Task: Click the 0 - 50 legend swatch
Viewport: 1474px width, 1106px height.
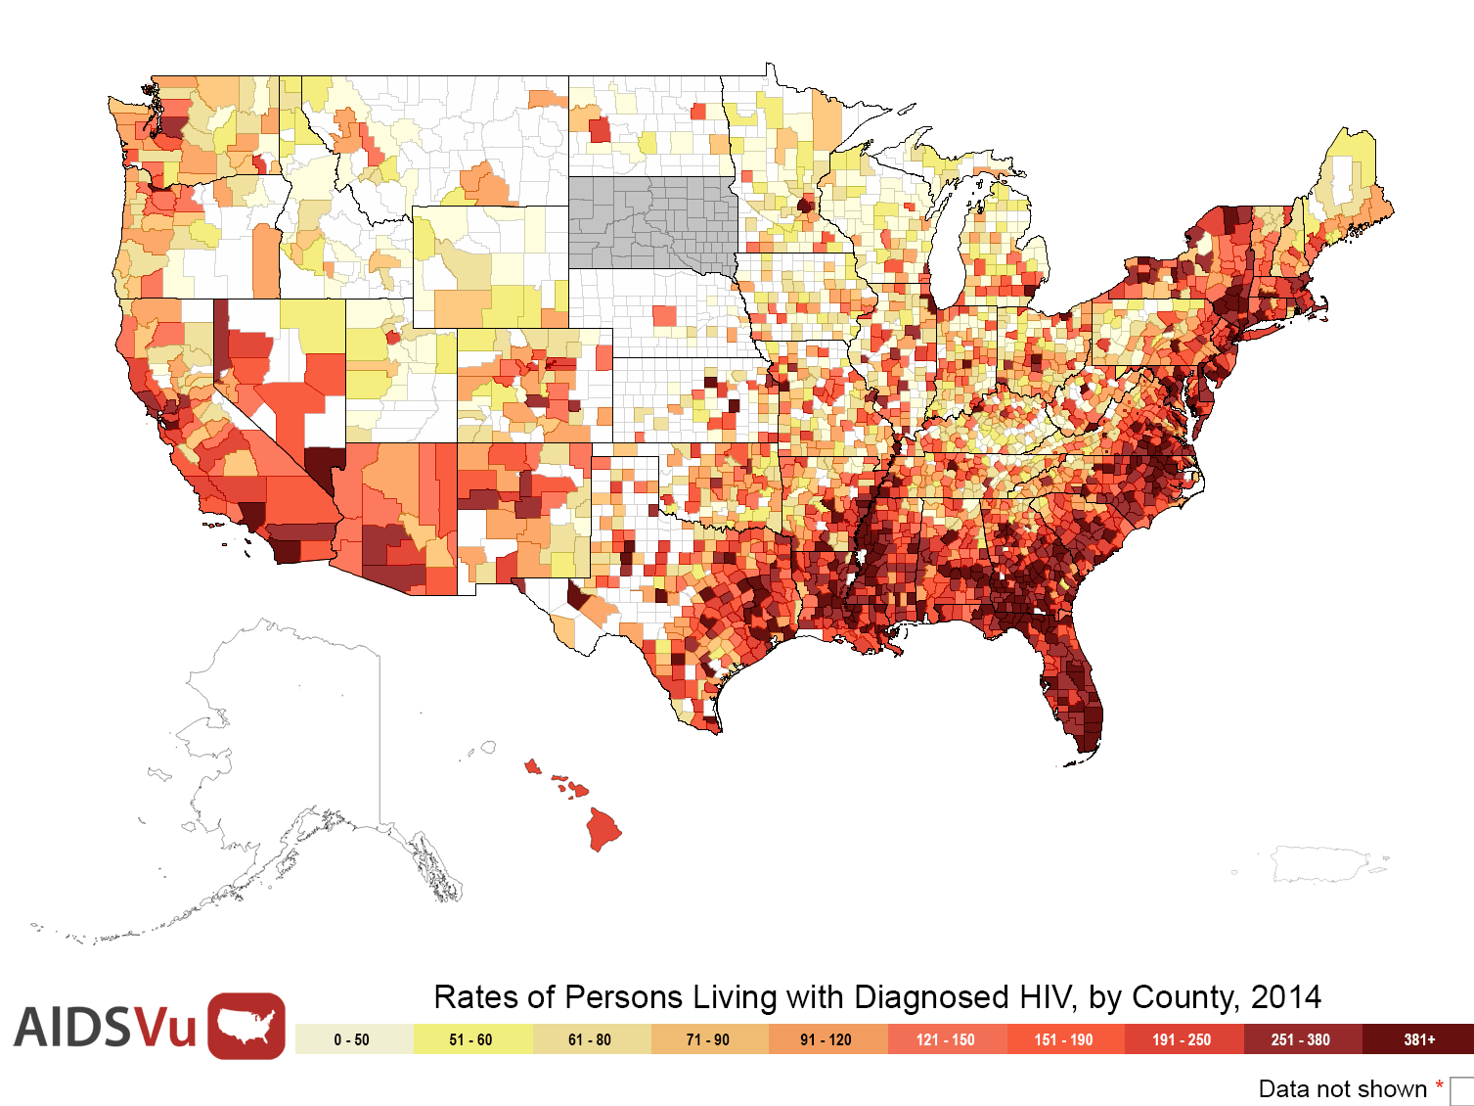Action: (355, 1038)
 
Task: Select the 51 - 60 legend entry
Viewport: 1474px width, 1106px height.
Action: (473, 1038)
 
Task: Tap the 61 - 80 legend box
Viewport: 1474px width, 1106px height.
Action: (592, 1038)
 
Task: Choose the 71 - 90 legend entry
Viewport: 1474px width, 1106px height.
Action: (710, 1038)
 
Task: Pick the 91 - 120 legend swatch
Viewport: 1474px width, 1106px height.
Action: (828, 1038)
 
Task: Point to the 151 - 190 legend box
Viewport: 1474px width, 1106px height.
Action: (1066, 1038)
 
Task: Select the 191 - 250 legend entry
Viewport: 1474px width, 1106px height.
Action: (1184, 1038)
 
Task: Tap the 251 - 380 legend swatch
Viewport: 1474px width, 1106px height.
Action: (1303, 1038)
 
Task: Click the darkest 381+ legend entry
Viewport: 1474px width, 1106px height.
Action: (1418, 1038)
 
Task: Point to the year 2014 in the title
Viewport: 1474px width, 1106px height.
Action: (1286, 997)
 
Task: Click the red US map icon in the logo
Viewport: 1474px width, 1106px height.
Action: (246, 1026)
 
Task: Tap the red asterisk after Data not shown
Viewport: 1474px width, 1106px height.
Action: (1439, 1085)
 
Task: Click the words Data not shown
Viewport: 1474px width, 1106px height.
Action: (1342, 1088)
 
